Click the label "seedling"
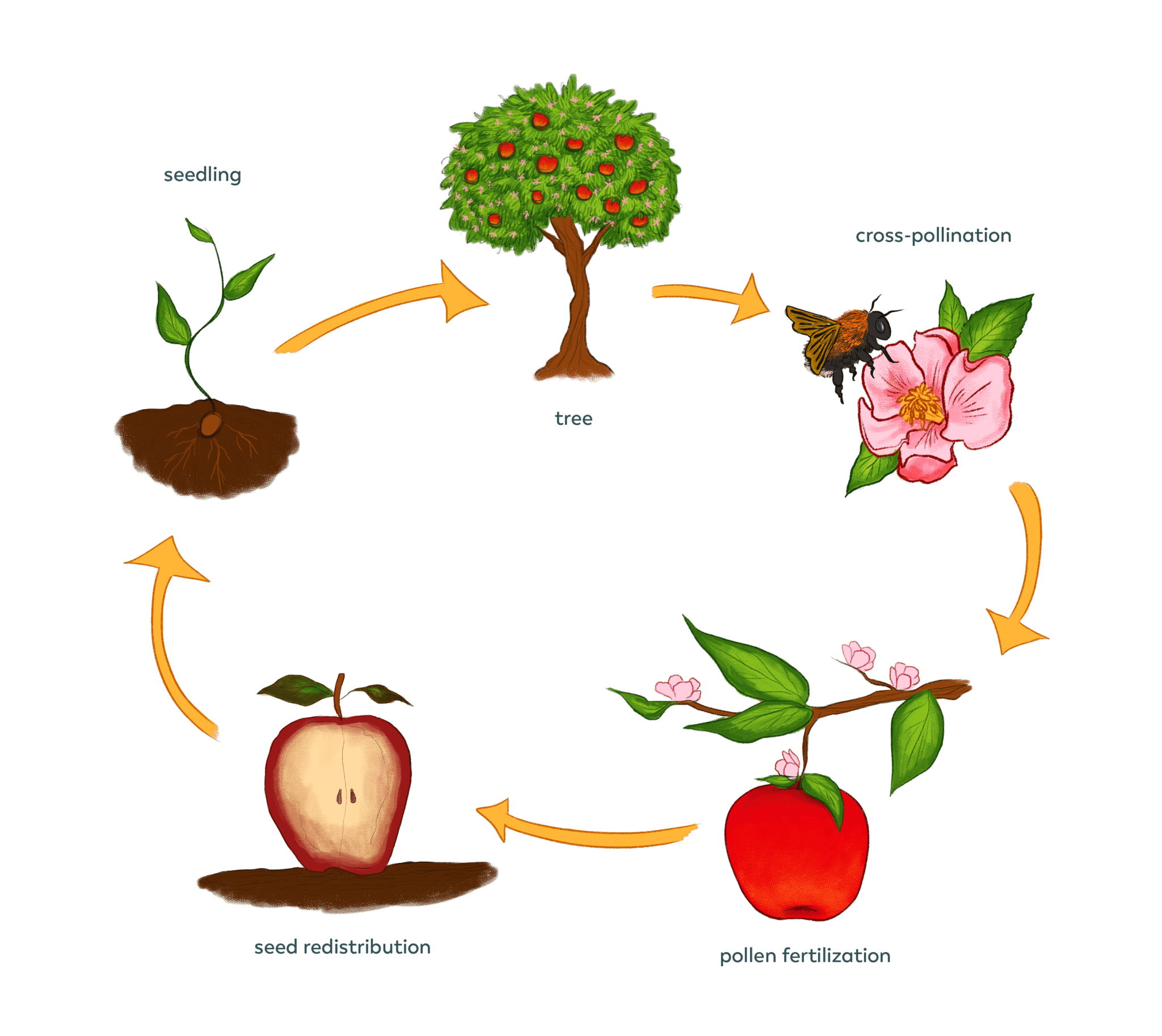pyautogui.click(x=202, y=175)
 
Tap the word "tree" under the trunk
pyautogui.click(x=573, y=418)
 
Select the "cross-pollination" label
pyautogui.click(x=933, y=235)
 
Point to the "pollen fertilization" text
pyautogui.click(x=805, y=955)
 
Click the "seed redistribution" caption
pyautogui.click(x=342, y=947)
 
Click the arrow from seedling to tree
pyautogui.click(x=387, y=310)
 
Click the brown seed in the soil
pyautogui.click(x=210, y=424)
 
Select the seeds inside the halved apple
pyautogui.click(x=346, y=797)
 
